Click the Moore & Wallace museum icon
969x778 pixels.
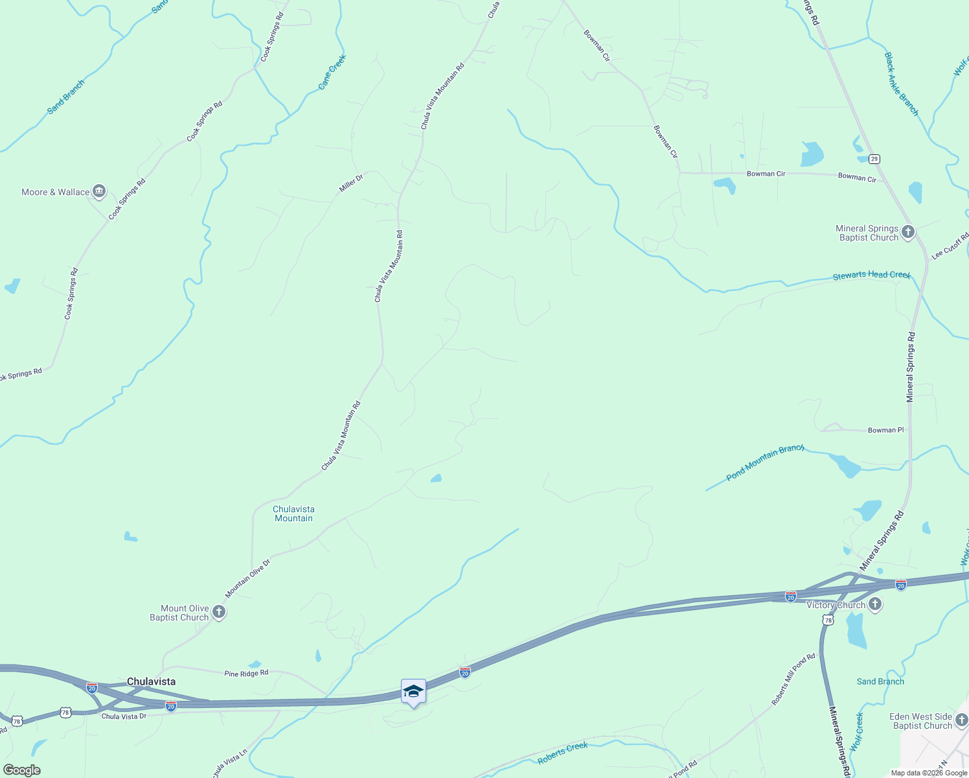pyautogui.click(x=99, y=191)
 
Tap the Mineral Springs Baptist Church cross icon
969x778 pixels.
pyautogui.click(x=908, y=232)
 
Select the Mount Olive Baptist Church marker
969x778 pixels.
pyautogui.click(x=219, y=612)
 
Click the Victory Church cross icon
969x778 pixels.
pyautogui.click(x=875, y=605)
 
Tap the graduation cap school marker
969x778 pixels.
pyautogui.click(x=413, y=692)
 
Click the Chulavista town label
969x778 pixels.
pyautogui.click(x=151, y=681)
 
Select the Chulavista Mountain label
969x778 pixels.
pyautogui.click(x=293, y=513)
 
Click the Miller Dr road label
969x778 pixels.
pyautogui.click(x=351, y=183)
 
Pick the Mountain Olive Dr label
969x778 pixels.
pyautogui.click(x=247, y=578)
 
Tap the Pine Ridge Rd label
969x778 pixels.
pyautogui.click(x=246, y=674)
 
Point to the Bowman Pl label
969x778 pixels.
pyautogui.click(x=885, y=430)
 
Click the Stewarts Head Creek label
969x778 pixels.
pyautogui.click(x=871, y=276)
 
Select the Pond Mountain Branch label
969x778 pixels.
pyautogui.click(x=765, y=462)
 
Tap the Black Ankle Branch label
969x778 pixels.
pyautogui.click(x=902, y=84)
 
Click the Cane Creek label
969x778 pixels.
pyautogui.click(x=332, y=71)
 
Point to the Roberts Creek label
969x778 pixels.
pyautogui.click(x=562, y=753)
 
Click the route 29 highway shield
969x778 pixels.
pyautogui.click(x=874, y=159)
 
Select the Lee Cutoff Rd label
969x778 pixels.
pyautogui.click(x=950, y=246)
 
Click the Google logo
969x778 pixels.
pyautogui.click(x=22, y=770)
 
